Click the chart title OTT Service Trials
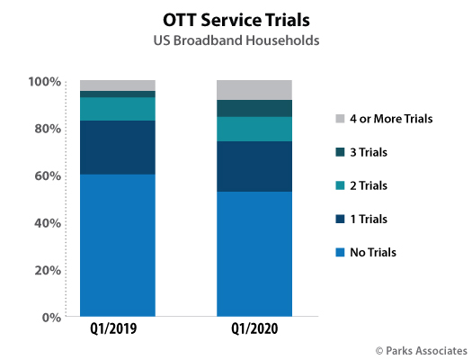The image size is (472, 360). tap(236, 18)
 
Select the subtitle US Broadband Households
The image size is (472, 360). tap(236, 40)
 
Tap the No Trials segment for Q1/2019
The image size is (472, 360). tap(117, 245)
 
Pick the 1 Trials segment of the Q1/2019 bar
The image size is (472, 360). tap(117, 147)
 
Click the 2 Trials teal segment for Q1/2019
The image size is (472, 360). tap(117, 108)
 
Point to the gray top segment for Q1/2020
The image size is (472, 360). tap(254, 90)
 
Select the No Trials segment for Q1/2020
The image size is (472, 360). tap(254, 254)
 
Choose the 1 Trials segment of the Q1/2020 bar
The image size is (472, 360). tap(254, 166)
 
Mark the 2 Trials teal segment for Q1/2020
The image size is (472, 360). tap(254, 129)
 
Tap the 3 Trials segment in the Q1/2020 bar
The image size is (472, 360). tap(254, 108)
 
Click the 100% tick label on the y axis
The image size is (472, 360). tap(44, 82)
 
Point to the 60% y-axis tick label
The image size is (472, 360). tap(47, 175)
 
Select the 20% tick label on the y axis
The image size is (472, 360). tap(47, 270)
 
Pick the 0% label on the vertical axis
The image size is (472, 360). tap(50, 317)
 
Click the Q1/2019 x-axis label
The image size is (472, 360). tap(117, 330)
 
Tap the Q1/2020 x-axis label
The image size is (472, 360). tap(254, 330)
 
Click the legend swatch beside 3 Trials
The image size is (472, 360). tap(338, 151)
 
